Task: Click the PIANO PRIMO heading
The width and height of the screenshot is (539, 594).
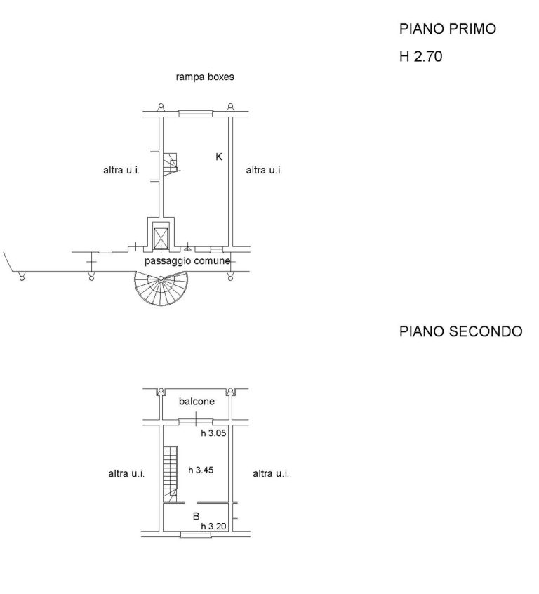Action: (x=447, y=29)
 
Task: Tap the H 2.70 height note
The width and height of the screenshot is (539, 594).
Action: (x=421, y=56)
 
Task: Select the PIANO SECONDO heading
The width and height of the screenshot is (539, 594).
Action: (x=460, y=331)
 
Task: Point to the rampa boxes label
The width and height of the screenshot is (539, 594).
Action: (x=205, y=77)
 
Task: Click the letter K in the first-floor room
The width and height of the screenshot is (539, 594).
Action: (x=219, y=157)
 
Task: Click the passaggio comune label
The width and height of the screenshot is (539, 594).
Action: (x=187, y=261)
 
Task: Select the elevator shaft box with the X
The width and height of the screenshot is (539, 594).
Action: (x=161, y=237)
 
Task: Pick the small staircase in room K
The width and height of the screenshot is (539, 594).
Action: (x=171, y=165)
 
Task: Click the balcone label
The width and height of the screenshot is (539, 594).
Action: (x=197, y=401)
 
